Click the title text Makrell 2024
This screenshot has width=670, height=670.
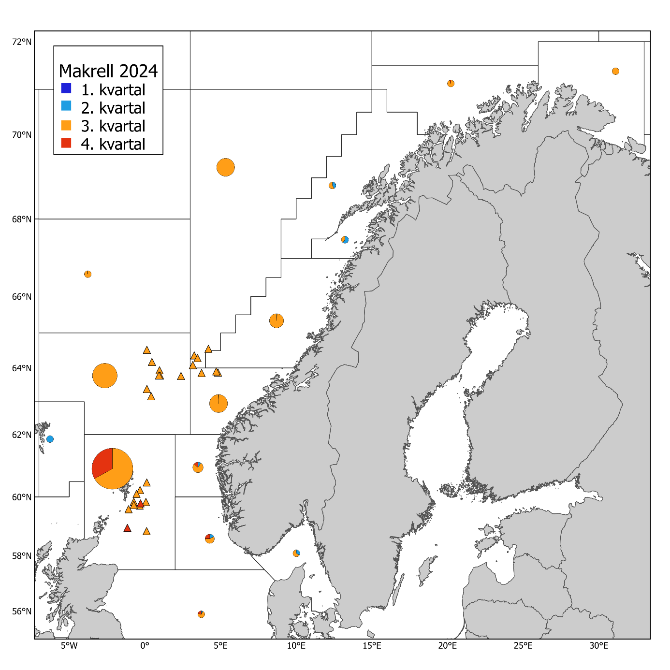coord(108,71)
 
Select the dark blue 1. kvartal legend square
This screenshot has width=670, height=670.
coord(66,88)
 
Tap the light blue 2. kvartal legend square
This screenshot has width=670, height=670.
coord(66,106)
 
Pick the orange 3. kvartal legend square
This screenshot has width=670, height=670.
coord(66,125)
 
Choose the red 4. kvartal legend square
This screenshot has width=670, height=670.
coord(66,143)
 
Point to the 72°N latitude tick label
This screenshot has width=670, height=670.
coord(22,42)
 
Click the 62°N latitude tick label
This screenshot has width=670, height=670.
coord(22,435)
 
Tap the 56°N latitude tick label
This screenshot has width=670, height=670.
coord(22,612)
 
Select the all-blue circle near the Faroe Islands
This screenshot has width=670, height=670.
coord(50,439)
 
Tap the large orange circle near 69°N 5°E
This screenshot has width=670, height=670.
coord(226,167)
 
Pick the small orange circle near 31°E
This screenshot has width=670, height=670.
coord(615,71)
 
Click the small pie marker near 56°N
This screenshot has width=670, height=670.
coord(201,614)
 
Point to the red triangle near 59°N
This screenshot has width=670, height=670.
coord(127,528)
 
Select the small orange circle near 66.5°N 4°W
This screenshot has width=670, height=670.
coord(87,274)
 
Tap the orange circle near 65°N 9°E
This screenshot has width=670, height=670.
coord(277,320)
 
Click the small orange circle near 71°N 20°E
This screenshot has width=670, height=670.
coord(451,83)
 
